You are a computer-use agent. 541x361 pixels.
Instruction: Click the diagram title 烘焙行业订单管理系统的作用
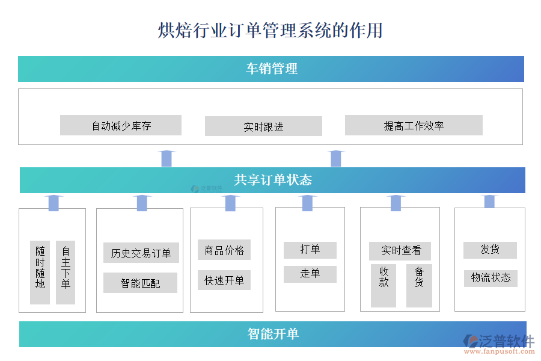pos(270,30)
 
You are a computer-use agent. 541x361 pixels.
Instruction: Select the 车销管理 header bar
pos(271,69)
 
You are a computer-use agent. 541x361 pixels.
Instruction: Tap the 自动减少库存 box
pos(121,125)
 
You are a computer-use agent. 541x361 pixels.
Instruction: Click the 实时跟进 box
pos(263,126)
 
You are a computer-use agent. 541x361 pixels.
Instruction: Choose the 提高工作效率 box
pos(414,125)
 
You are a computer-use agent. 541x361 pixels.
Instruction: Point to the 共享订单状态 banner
pos(272,180)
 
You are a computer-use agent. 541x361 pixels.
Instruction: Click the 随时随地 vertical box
pos(40,272)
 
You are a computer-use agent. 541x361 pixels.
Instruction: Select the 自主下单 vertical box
pos(66,272)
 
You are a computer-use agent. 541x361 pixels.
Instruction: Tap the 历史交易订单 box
pos(141,253)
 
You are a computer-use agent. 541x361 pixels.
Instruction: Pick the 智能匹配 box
pos(140,283)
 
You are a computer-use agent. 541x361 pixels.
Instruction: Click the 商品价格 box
pos(224,250)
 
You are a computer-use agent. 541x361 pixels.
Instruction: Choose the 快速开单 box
pos(224,280)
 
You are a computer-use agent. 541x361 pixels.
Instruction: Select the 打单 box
pos(310,250)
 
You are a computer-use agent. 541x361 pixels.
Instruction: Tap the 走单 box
pos(310,274)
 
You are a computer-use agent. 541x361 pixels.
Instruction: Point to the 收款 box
pos(384,285)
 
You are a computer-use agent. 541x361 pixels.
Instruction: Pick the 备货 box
pos(419,285)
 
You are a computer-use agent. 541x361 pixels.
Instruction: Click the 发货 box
pos(490,250)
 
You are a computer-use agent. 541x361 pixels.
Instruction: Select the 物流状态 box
pos(491,277)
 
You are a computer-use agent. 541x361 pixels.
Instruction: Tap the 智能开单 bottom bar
pos(272,334)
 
